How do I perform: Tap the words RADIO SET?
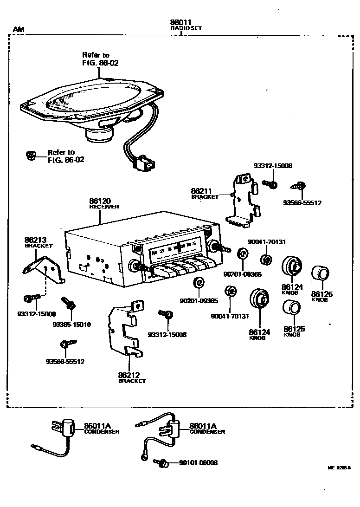186,28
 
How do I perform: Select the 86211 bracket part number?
201,191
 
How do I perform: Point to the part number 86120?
100,201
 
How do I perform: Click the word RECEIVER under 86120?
104,207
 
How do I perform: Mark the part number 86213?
35,240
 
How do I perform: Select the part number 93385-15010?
71,324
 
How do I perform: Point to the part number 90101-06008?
198,463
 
